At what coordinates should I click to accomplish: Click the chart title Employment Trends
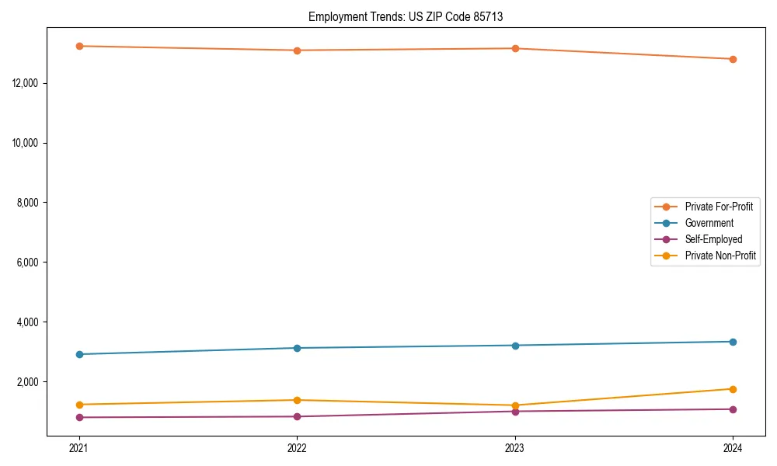point(406,16)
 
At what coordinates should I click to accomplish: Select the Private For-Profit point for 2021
point(79,46)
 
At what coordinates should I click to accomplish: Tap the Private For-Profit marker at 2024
point(733,59)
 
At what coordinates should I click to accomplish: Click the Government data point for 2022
point(297,348)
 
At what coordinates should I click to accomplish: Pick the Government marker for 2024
point(733,342)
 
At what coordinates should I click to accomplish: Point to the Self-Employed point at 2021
point(79,417)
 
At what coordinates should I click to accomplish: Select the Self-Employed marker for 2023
point(515,411)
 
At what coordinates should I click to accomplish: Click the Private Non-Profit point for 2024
point(733,389)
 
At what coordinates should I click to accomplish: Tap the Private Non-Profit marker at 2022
point(297,400)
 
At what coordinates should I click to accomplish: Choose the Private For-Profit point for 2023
point(515,48)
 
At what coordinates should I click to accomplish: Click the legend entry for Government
point(709,223)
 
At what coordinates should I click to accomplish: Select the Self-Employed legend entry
point(713,239)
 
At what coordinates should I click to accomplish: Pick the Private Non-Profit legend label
point(720,256)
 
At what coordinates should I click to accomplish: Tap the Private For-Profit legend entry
point(719,207)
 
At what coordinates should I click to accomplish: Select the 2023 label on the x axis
point(515,448)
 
